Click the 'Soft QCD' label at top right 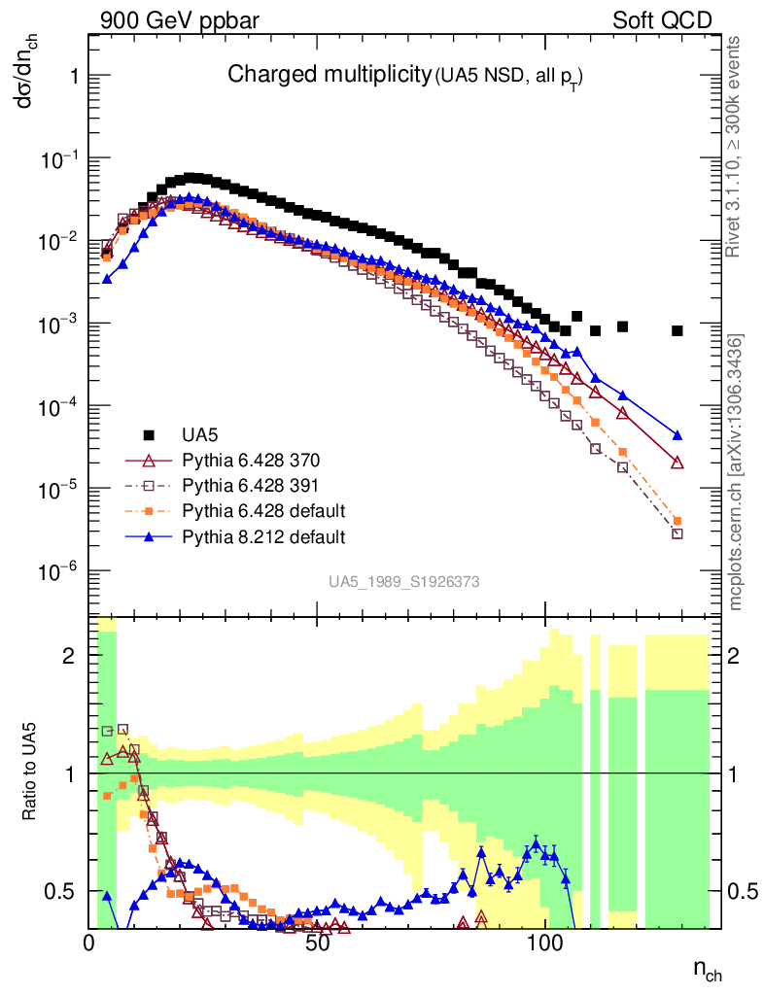pyautogui.click(x=661, y=20)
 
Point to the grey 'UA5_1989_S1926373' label pyautogui.click(x=403, y=582)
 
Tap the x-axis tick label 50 pyautogui.click(x=318, y=942)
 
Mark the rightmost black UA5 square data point pyautogui.click(x=677, y=331)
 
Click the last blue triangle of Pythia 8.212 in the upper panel pyautogui.click(x=677, y=435)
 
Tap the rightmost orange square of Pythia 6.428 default pyautogui.click(x=677, y=521)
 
